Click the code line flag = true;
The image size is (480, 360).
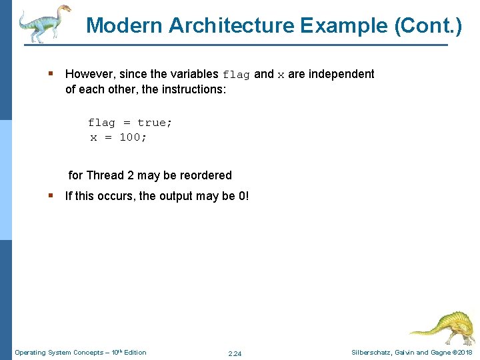pyautogui.click(x=129, y=123)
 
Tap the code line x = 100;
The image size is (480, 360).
pyautogui.click(x=119, y=137)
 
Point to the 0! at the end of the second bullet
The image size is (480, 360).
pyautogui.click(x=243, y=196)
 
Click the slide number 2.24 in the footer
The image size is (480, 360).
pyautogui.click(x=235, y=353)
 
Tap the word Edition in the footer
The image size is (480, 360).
pyautogui.click(x=134, y=353)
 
